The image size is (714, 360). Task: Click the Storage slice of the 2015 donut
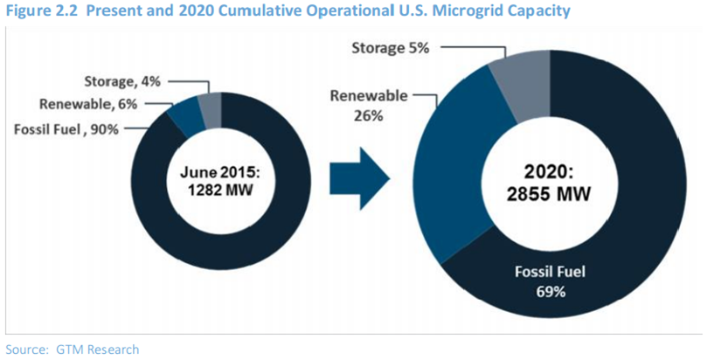(211, 109)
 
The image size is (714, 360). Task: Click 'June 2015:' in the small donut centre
(222, 172)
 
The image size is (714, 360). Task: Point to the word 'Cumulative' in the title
(247, 10)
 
